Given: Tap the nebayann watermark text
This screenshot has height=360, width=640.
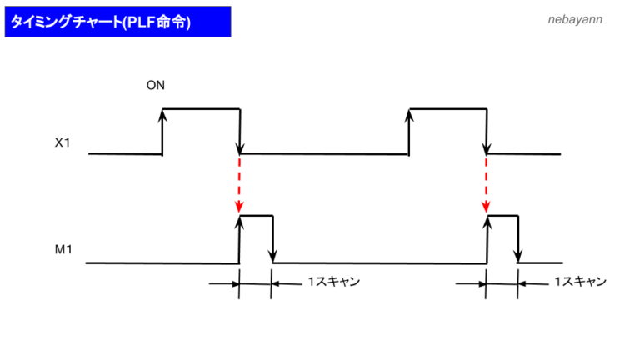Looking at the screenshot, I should click(575, 18).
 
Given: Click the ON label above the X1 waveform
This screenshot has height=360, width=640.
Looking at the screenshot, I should click(155, 86).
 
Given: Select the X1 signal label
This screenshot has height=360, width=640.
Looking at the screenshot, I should click(62, 142).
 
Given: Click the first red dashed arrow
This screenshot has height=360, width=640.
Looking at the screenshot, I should click(239, 183).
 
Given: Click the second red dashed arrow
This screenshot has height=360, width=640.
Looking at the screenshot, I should click(486, 183).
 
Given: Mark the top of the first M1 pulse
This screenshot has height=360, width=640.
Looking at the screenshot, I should click(256, 216).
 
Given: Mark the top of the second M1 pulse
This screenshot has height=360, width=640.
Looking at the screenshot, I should click(502, 216).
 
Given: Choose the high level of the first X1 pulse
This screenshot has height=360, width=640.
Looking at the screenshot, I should click(201, 108).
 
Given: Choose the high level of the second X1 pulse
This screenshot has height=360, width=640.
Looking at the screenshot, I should click(447, 108).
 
